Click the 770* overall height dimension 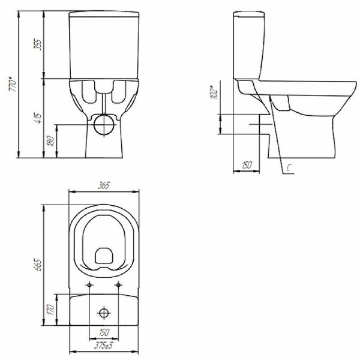point(13,85)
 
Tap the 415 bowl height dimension point(38,118)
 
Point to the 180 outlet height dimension point(50,140)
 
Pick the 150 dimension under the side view point(246,165)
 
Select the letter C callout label point(289,168)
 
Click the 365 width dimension point(104,185)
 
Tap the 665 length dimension point(38,265)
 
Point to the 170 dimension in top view point(50,309)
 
